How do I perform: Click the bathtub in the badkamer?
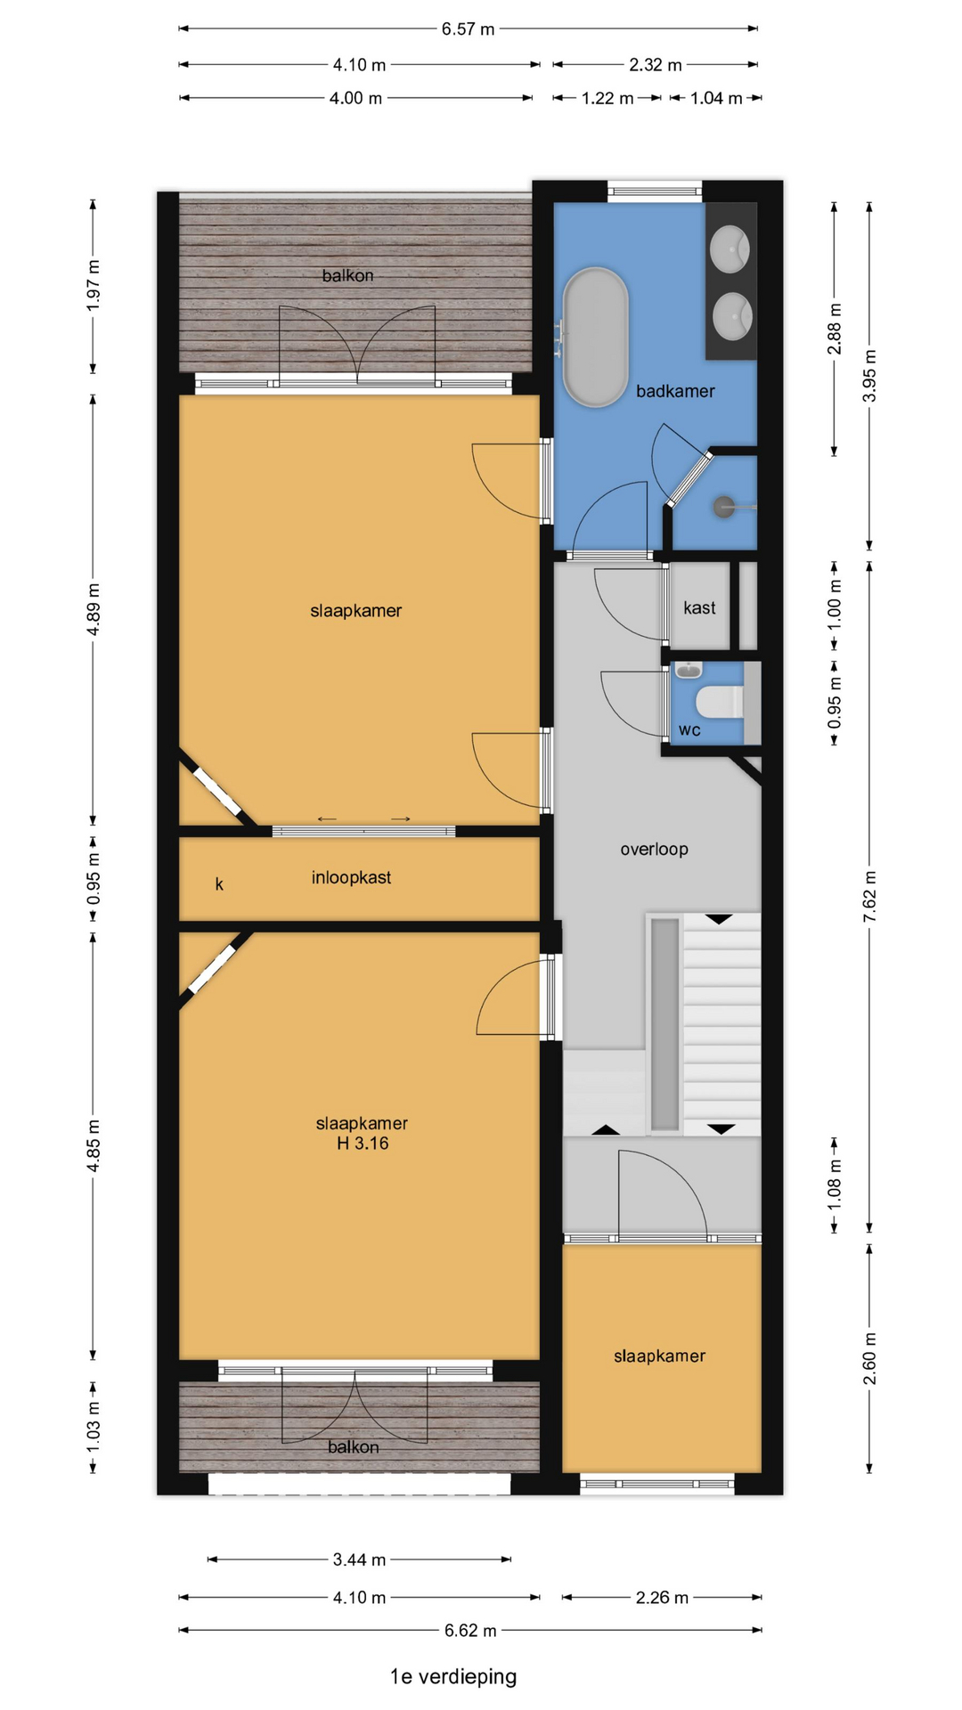point(596,337)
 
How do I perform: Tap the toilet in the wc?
point(721,701)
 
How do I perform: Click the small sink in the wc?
point(688,669)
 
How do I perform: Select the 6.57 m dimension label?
point(468,29)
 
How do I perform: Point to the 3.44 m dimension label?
point(359,1559)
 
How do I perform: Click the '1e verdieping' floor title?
point(453,1676)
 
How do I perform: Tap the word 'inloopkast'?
point(351,877)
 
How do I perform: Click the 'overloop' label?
point(654,849)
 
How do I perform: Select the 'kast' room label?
point(699,607)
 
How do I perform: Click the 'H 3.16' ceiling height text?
point(363,1144)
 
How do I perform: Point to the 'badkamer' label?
point(675,391)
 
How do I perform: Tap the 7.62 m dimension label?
point(870,896)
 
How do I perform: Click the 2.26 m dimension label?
point(662,1598)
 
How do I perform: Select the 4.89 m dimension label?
point(94,609)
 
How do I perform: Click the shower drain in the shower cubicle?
point(722,507)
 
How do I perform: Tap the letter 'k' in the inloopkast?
point(219,883)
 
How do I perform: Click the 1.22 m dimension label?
point(607,98)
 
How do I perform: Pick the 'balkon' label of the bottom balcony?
point(353,1447)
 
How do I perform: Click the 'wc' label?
point(689,730)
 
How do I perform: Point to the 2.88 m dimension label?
point(835,329)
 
